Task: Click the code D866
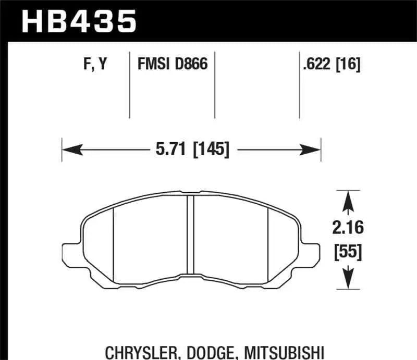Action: click(191, 65)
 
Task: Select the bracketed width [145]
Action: click(211, 150)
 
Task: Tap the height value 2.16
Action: click(347, 228)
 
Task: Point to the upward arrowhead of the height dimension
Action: click(347, 198)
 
